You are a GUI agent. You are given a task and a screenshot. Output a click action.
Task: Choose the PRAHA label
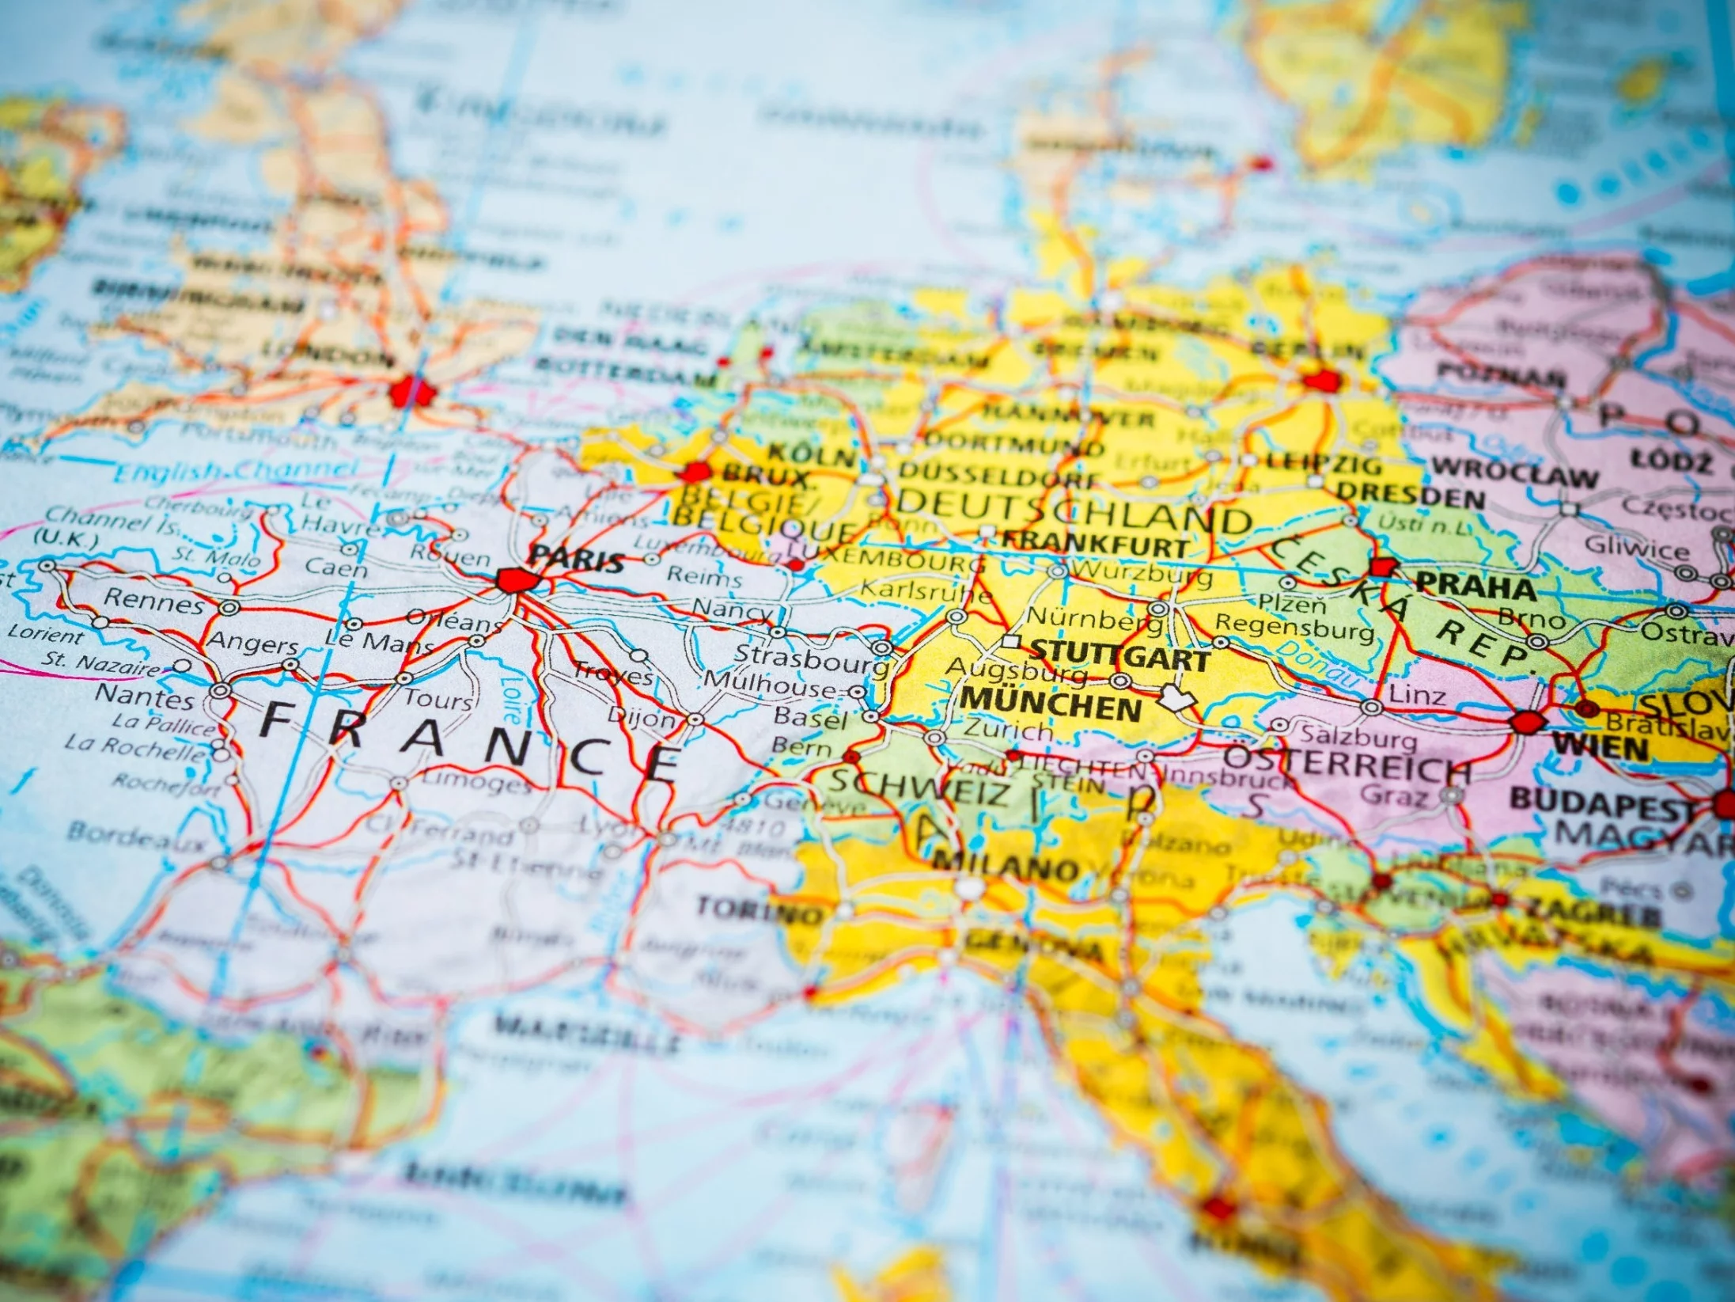(1475, 587)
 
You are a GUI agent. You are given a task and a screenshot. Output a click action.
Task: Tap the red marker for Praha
(1384, 567)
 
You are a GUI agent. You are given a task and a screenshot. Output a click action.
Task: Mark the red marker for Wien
(1527, 722)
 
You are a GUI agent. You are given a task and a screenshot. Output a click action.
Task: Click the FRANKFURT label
(1096, 545)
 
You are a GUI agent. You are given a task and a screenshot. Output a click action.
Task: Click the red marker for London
(412, 390)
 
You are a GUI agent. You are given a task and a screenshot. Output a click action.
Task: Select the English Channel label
(235, 471)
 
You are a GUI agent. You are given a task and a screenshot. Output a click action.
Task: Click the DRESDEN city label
(1411, 497)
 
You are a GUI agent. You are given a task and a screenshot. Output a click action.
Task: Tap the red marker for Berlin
(1320, 382)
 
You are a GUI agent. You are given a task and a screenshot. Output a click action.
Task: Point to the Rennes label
(154, 603)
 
